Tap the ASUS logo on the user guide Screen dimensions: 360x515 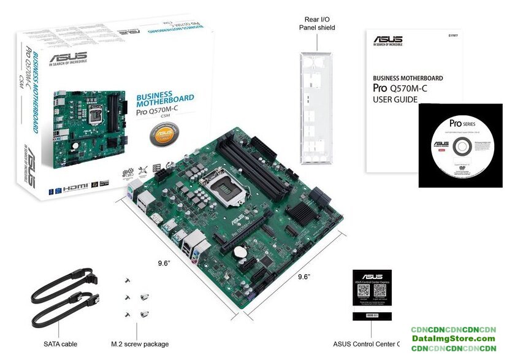[x=387, y=41]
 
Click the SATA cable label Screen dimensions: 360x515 [x=60, y=344]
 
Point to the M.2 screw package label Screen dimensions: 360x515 [x=140, y=344]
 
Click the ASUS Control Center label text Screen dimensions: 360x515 [x=366, y=344]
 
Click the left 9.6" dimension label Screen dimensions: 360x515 [x=163, y=262]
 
